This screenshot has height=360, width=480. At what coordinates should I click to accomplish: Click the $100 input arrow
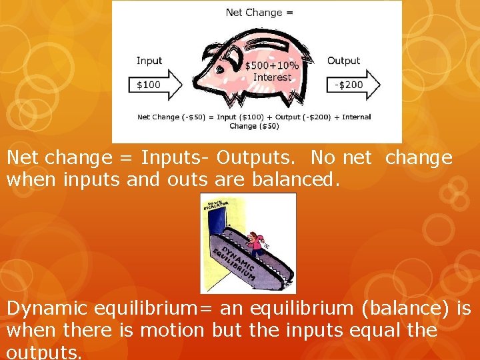[154, 85]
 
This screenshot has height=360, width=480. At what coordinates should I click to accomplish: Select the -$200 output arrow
[353, 85]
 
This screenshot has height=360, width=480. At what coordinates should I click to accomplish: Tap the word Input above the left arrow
[149, 61]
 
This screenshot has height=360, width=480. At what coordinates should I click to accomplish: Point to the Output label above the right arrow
[344, 61]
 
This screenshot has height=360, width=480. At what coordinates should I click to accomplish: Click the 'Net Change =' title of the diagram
[259, 12]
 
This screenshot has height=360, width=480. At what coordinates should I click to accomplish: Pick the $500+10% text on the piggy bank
[271, 66]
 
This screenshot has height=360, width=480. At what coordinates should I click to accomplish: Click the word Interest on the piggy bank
[272, 77]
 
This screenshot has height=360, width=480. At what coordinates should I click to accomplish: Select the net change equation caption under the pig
[254, 121]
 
